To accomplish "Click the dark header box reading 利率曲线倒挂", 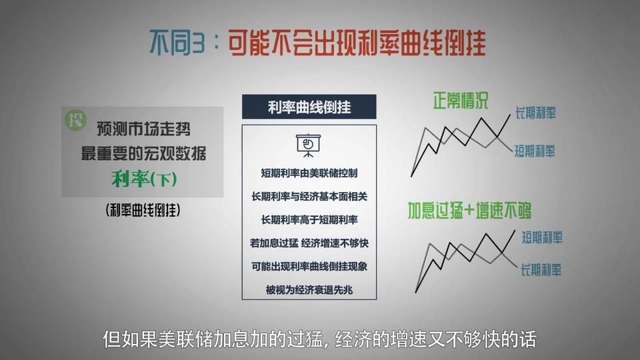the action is (x=309, y=107).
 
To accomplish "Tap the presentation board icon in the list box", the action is (x=308, y=145).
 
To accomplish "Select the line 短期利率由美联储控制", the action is (x=309, y=173).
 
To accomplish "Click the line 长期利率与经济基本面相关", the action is (x=309, y=197).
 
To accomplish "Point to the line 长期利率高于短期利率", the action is (x=309, y=220).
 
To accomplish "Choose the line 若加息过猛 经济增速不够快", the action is (x=309, y=243).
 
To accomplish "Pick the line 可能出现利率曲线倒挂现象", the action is (x=309, y=267).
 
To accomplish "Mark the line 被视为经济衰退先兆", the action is (x=309, y=290).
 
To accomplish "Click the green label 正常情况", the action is (x=461, y=101).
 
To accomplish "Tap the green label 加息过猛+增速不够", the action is (x=469, y=211).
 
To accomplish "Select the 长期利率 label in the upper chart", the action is (x=535, y=113).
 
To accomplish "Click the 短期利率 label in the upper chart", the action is (x=534, y=151).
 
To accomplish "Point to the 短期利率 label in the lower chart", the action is (x=541, y=237).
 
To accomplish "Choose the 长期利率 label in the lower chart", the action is (x=541, y=270).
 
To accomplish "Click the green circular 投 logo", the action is (x=75, y=121).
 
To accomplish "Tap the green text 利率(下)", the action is (x=144, y=179).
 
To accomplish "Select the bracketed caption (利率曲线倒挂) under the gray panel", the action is (x=143, y=210).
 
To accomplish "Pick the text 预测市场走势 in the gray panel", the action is (x=144, y=129).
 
